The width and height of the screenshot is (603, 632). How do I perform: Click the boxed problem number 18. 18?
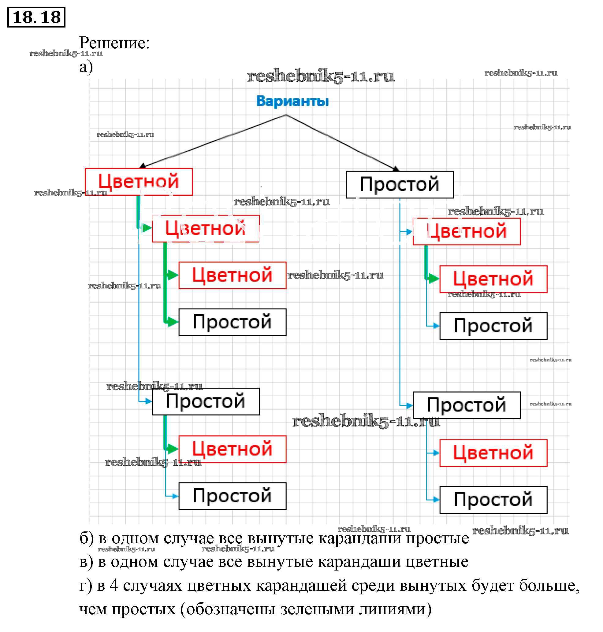click(36, 17)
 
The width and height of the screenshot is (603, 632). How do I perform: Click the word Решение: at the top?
click(114, 43)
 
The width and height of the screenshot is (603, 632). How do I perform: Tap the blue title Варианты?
click(292, 101)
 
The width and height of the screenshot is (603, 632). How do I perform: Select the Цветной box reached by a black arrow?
click(139, 182)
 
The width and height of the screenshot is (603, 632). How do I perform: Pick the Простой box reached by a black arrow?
click(400, 185)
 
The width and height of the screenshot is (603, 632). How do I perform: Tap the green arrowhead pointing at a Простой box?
click(172, 322)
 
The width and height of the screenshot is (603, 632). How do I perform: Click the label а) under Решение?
click(86, 67)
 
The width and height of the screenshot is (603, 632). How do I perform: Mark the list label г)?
click(85, 586)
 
